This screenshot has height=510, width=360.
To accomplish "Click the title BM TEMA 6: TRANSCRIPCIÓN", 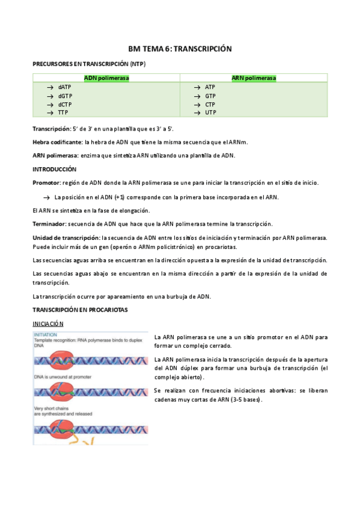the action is [180, 49].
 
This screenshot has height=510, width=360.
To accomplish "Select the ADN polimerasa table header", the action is [106, 78].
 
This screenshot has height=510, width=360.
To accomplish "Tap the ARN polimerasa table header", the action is [254, 78].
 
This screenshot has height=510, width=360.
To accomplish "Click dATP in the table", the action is [65, 87].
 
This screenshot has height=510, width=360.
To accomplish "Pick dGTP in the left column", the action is [66, 96].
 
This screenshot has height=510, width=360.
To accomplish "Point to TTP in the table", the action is [63, 112].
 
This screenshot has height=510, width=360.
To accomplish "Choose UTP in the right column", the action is [210, 112].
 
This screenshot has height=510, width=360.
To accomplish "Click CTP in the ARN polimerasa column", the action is [210, 104].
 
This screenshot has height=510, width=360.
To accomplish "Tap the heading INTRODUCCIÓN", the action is [54, 169].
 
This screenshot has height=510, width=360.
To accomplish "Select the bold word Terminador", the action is [50, 224].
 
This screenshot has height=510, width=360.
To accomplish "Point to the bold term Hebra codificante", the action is [57, 142].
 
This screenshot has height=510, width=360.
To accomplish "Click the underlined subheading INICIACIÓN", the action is [48, 323].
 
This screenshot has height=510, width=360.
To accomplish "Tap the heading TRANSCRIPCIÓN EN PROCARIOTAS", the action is [79, 309].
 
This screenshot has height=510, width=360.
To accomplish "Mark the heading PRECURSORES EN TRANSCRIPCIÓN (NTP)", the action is [88, 64].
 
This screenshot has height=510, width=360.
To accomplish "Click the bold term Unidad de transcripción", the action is [66, 238].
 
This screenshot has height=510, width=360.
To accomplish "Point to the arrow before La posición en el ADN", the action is [46, 197].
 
